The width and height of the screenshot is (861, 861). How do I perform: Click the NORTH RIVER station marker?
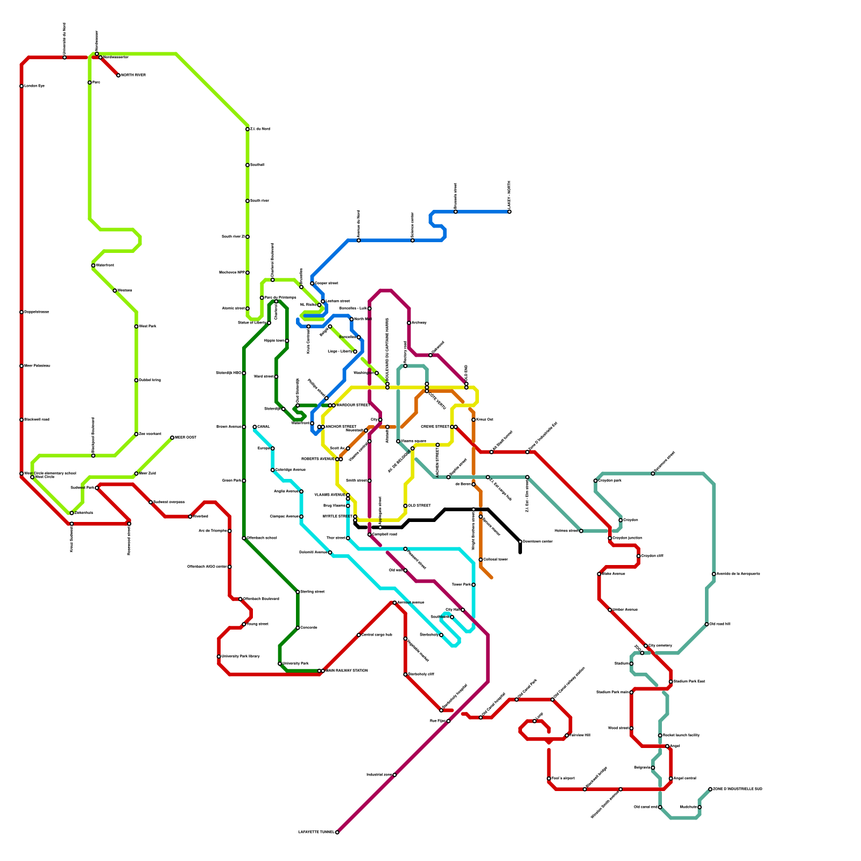tap(118, 75)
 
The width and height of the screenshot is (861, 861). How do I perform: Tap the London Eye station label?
tap(34, 86)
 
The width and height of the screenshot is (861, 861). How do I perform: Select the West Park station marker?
tap(136, 327)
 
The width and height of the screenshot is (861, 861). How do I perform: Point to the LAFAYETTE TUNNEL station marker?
tap(337, 832)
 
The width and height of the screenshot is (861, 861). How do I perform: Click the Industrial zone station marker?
tap(394, 775)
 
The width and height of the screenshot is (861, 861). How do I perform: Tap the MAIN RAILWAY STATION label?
tap(347, 671)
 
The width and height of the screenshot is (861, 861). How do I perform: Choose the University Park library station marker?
tap(219, 657)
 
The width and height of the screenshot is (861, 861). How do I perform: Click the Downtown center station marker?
tap(520, 541)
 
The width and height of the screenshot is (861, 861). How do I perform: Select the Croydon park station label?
tap(610, 481)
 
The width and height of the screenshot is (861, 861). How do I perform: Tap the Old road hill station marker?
tap(707, 624)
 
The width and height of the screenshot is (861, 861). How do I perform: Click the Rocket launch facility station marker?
tap(660, 736)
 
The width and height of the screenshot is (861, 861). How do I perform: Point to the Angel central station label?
tap(685, 778)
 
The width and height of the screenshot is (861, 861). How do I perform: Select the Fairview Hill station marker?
tap(567, 736)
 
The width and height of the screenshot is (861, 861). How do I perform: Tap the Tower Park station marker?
tap(474, 584)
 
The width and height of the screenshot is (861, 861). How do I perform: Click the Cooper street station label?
tap(327, 283)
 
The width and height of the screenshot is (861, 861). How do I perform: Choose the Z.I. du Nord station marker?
tap(248, 129)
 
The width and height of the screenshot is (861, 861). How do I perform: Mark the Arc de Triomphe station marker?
tap(230, 531)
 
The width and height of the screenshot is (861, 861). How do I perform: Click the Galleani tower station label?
tap(496, 560)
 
